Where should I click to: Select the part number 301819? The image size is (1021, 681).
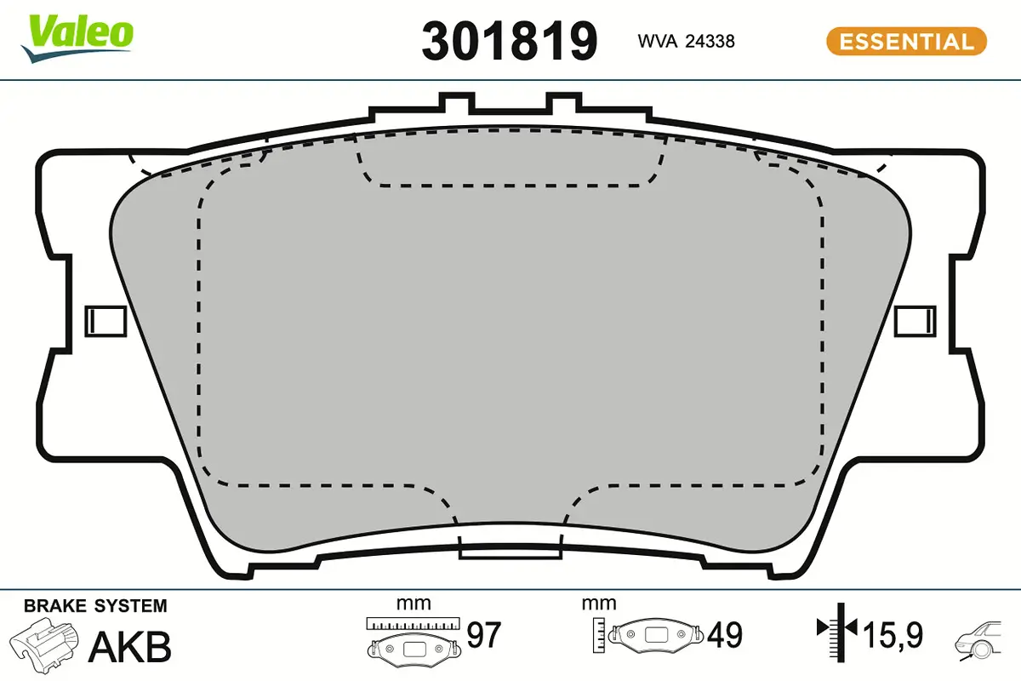pos(510,40)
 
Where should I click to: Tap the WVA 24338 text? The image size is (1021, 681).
pos(686,41)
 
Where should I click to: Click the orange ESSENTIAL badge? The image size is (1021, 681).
pos(906,41)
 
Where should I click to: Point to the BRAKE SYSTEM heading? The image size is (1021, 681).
pos(95,606)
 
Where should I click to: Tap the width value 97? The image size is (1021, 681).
pos(484,635)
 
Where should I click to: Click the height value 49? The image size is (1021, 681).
pos(725,635)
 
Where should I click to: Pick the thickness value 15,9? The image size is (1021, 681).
pos(893,635)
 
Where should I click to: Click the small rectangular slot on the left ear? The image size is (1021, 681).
pos(107,320)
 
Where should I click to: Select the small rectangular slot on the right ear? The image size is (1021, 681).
pos(915,320)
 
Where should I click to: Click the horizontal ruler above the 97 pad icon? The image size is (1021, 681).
pos(413,623)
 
